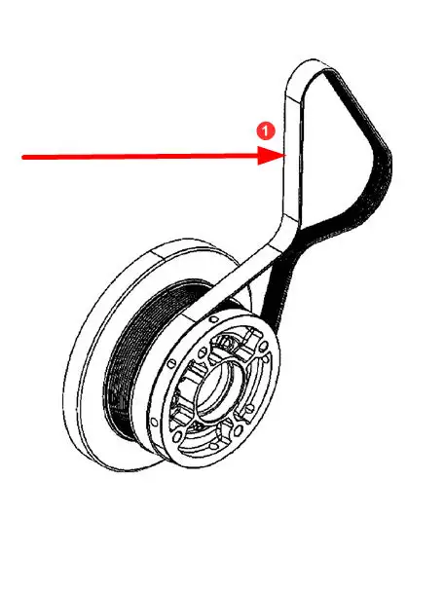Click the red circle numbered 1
[266, 130]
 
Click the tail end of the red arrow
[22, 157]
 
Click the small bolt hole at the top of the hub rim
[213, 319]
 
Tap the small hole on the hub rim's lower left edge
[154, 422]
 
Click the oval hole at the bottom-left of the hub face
[176, 438]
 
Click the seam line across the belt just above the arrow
[294, 98]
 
